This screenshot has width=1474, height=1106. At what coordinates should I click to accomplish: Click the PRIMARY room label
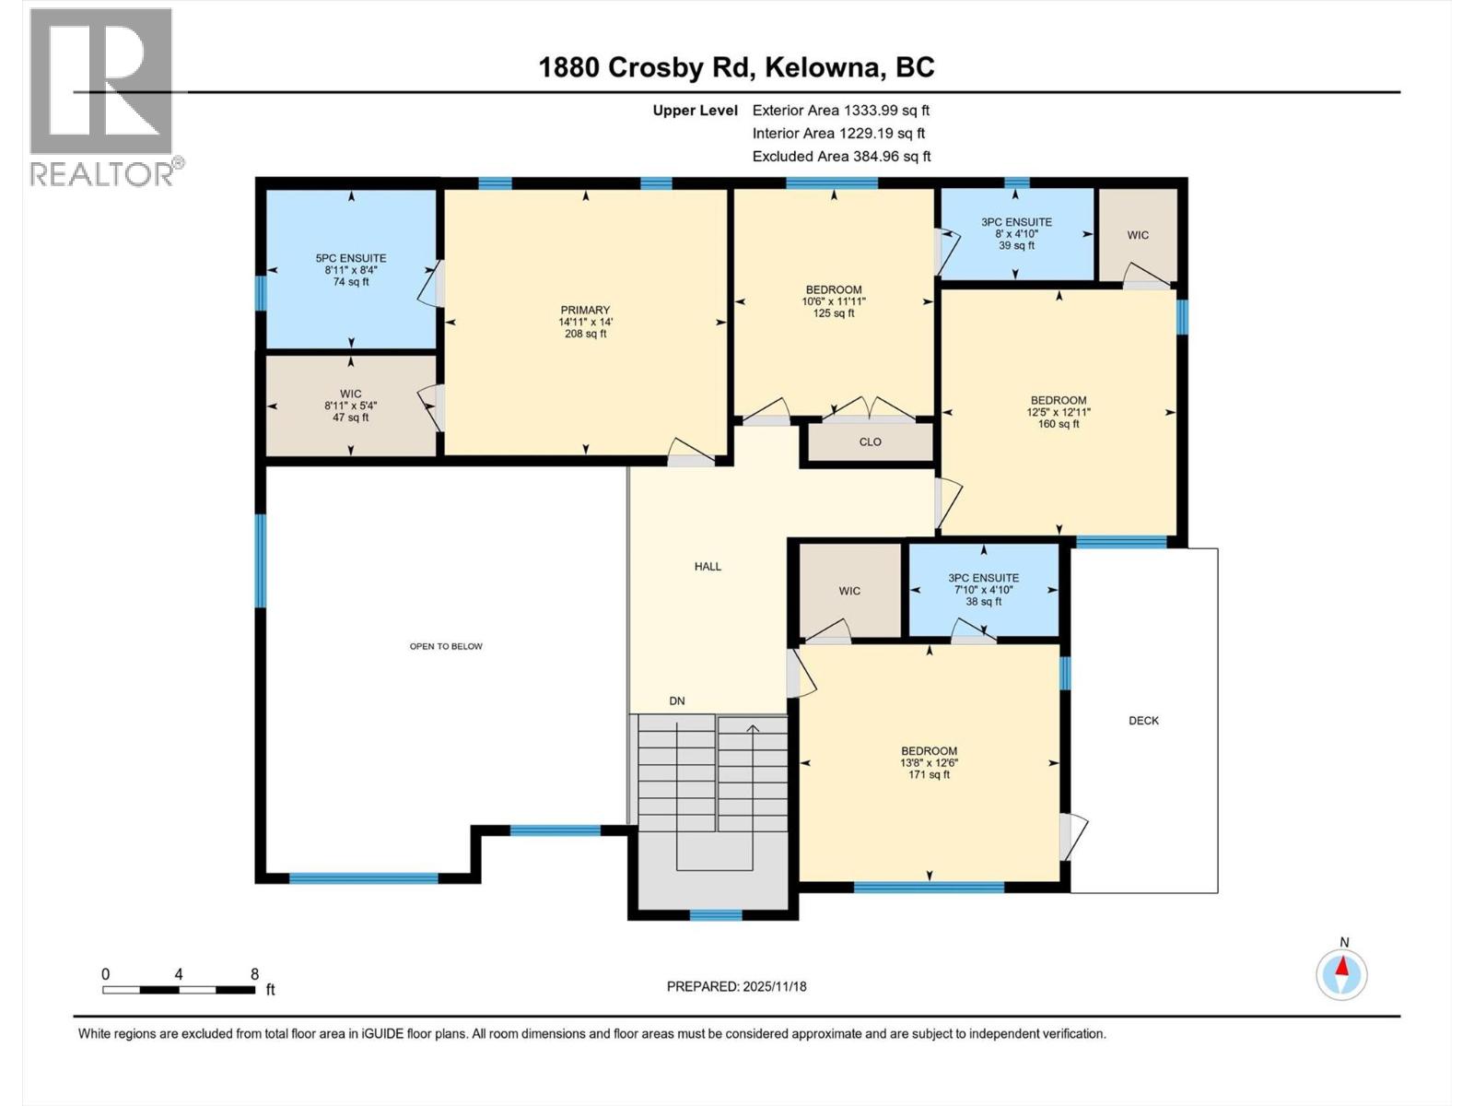point(585,311)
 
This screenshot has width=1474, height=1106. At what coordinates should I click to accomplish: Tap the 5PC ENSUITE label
point(350,259)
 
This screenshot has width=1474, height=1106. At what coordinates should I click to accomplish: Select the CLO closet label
point(870,442)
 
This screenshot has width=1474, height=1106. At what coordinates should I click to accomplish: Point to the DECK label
point(1143,721)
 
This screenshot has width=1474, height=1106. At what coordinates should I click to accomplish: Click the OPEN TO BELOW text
point(446,647)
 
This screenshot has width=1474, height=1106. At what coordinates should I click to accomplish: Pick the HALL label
point(708,567)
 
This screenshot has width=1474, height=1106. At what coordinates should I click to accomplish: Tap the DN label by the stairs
point(677,701)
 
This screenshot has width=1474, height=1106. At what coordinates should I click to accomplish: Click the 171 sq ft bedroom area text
point(929,775)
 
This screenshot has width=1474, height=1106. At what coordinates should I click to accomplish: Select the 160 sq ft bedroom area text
point(1059,424)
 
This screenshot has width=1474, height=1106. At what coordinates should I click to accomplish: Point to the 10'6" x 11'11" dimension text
point(833,301)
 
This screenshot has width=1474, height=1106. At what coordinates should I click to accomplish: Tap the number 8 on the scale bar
point(254,974)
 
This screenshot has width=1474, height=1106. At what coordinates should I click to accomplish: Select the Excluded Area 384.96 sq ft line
point(841,157)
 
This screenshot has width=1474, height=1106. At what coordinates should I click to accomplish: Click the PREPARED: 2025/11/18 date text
point(736,986)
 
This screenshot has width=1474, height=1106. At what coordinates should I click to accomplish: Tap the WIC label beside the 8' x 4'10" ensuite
point(1138,236)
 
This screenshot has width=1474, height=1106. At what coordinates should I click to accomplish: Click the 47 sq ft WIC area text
point(350,418)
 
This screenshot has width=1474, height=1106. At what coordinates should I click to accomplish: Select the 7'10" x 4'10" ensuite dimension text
point(983,590)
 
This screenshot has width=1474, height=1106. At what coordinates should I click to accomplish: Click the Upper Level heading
point(695,111)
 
